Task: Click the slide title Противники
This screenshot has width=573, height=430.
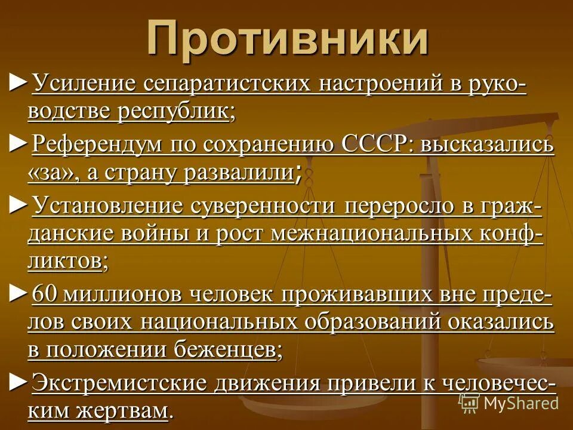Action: point(288,39)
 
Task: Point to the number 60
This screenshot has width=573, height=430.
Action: point(44,294)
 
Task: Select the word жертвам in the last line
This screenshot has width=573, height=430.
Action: point(128,410)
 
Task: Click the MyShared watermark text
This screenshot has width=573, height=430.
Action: point(520,403)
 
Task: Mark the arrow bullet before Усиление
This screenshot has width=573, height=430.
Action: point(19,82)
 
